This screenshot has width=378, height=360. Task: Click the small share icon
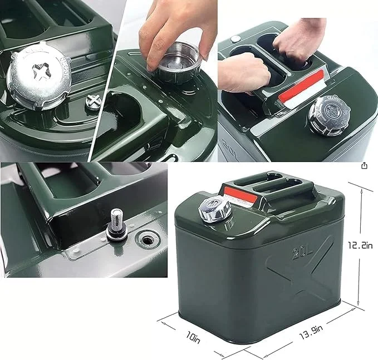pos(364,166)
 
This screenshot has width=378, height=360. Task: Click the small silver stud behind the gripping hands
pos(235,39)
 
